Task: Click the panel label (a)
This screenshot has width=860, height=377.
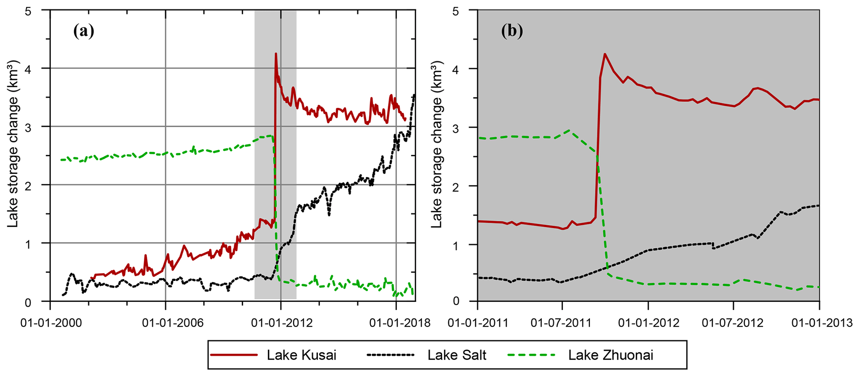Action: coord(84,32)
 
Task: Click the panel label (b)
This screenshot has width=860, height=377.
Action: coord(512,32)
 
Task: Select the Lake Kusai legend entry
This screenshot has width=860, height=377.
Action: coord(301,355)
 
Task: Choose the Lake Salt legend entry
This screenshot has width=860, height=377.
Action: coord(457,355)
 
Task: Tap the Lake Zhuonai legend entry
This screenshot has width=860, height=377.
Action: coord(611,355)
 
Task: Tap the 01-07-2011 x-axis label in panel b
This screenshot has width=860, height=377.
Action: coord(562,323)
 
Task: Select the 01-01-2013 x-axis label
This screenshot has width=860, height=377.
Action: coord(819,323)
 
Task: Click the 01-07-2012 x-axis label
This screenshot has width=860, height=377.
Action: coord(733,323)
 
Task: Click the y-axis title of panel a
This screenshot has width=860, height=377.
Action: coord(13,162)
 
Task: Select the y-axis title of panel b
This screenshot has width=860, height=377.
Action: coord(436,162)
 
